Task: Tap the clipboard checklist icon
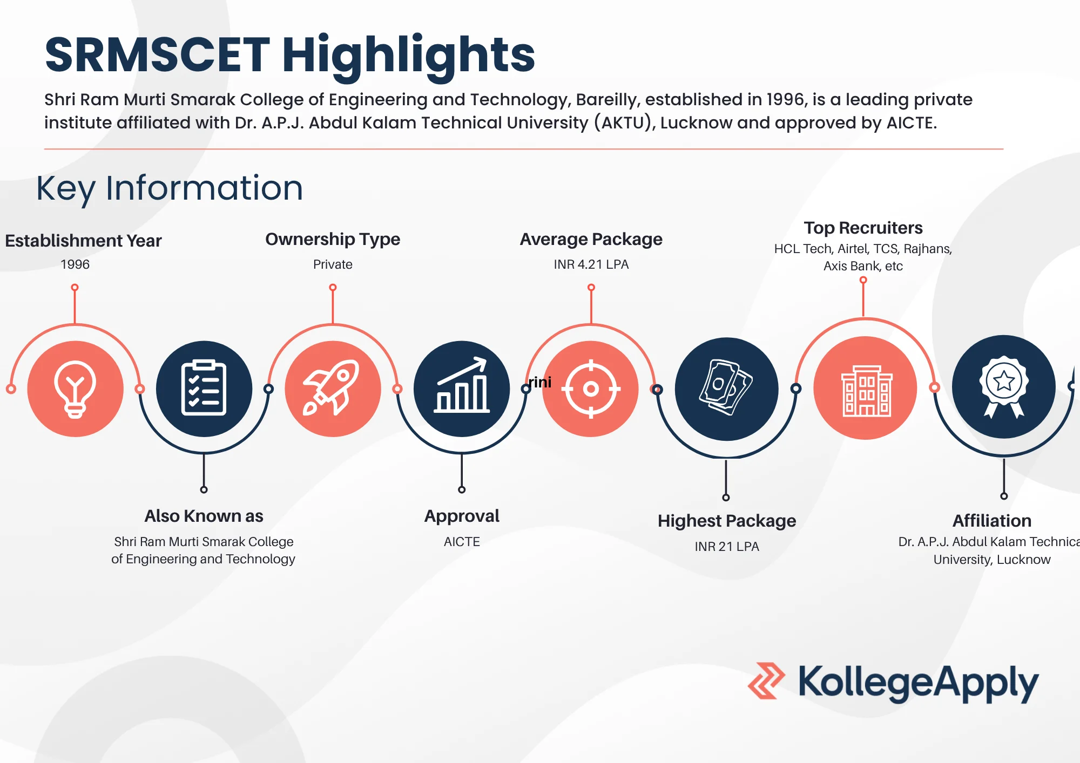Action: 204,389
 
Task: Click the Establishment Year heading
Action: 83,241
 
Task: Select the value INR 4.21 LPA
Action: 591,264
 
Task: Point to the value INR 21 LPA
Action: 726,547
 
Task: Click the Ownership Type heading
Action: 333,239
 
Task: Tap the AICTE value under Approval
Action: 462,542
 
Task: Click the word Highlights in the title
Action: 408,55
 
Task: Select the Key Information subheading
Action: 170,188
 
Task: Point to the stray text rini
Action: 540,382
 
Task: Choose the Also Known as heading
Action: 204,516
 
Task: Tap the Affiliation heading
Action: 991,521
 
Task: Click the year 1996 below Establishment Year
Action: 75,264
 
